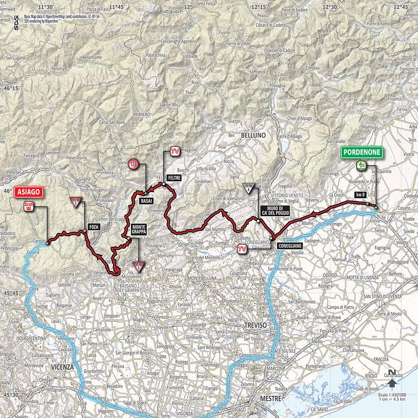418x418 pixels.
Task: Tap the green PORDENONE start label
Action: click(362, 152)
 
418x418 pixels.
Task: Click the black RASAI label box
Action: click(146, 200)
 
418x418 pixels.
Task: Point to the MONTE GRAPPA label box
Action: click(139, 229)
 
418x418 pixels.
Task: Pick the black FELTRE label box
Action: click(174, 177)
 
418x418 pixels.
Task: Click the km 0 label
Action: click(360, 194)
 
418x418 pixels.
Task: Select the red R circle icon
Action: click(133, 163)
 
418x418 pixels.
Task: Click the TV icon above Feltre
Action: click(174, 151)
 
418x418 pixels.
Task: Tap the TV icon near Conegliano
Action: click(242, 249)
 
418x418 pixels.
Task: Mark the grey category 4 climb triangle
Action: click(248, 188)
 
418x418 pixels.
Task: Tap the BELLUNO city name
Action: click(254, 135)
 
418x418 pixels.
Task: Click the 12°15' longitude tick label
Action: click(259, 7)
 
